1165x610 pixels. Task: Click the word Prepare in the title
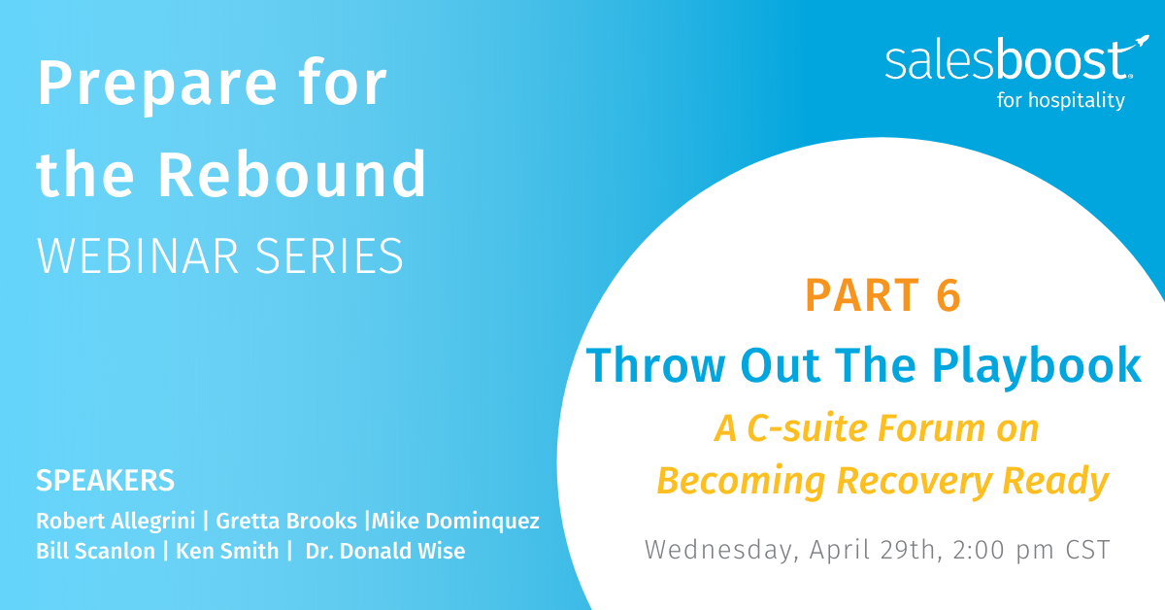[x=156, y=85]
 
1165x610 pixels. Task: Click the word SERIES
[x=329, y=255]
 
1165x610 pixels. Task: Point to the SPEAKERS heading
[x=105, y=480]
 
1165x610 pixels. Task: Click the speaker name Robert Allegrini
[x=116, y=521]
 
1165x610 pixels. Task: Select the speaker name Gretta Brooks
[x=286, y=521]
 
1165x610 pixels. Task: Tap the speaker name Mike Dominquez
[x=455, y=521]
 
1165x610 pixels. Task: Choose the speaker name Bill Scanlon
[x=96, y=551]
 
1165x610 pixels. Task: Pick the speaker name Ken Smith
[x=227, y=551]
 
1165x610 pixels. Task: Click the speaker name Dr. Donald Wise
[x=385, y=551]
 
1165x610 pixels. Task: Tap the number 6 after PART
[x=949, y=295]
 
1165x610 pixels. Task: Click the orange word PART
[x=862, y=295]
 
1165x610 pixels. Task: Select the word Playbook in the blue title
[x=1036, y=366]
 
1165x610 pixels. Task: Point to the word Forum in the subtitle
[x=931, y=428]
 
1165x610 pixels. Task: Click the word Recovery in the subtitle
[x=915, y=482]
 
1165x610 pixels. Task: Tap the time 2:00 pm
[x=1003, y=550]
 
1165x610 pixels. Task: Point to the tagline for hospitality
[x=1060, y=99]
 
